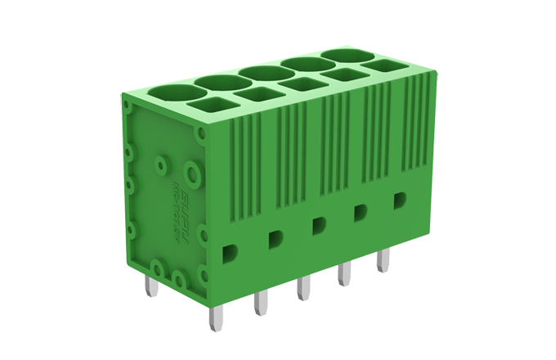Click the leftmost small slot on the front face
(x=231, y=252)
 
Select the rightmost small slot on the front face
(x=400, y=200)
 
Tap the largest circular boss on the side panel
(x=192, y=173)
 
